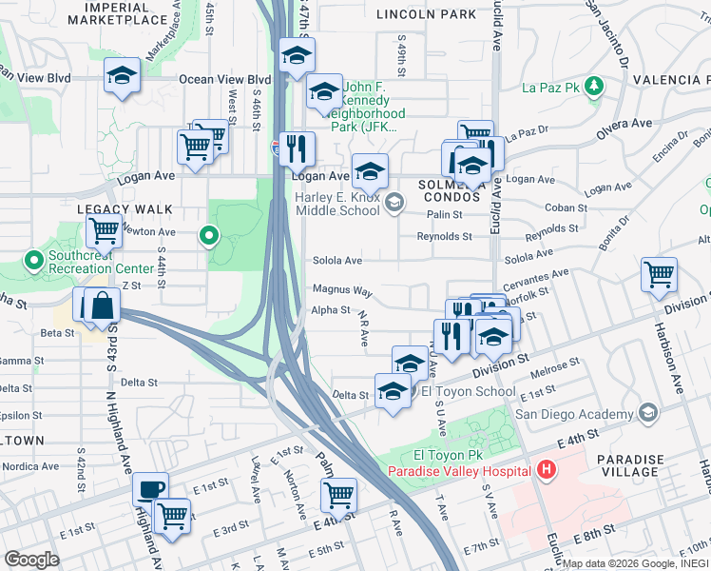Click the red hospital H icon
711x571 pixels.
[x=546, y=469]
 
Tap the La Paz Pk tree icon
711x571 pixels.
[x=594, y=88]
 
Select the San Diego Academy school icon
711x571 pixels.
[x=648, y=413]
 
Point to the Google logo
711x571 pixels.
[x=31, y=559]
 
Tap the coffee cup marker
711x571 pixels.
[x=150, y=490]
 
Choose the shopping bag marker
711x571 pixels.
[x=103, y=305]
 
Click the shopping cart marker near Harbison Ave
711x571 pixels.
[x=659, y=275]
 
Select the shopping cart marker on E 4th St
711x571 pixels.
[x=337, y=495]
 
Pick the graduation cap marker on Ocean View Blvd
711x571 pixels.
[x=122, y=76]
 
